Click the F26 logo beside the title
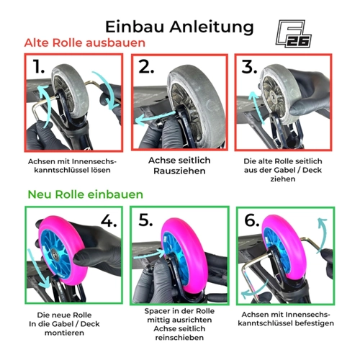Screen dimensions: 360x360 [293, 34]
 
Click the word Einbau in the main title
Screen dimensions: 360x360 [135, 27]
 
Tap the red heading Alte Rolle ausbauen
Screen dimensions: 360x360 [85, 43]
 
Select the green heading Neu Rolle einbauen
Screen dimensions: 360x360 [86, 194]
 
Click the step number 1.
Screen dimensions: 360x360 [39, 66]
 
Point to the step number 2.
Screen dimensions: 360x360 [146, 66]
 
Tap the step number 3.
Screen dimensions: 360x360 [249, 66]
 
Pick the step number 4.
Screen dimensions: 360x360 [109, 220]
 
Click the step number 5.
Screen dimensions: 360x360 [145, 220]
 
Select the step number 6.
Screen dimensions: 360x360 [252, 220]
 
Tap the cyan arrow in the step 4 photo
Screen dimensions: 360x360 [38, 269]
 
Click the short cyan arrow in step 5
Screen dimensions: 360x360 [149, 254]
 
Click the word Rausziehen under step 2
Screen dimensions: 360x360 [179, 171]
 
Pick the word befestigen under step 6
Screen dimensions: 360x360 [315, 323]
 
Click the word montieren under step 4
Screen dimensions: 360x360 [64, 333]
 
